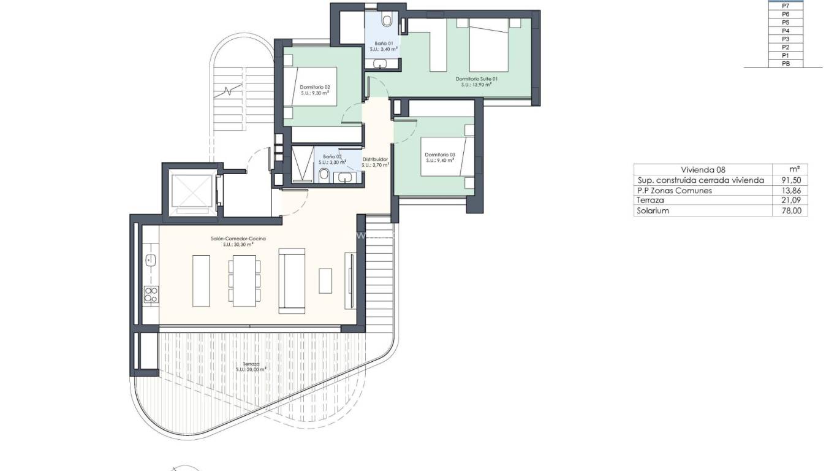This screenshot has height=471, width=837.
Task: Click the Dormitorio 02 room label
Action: [x=315, y=87]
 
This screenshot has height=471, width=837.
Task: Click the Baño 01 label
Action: [x=384, y=44]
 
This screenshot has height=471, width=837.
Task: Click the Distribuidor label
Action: [x=374, y=159]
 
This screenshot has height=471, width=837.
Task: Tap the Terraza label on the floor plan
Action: [x=251, y=364]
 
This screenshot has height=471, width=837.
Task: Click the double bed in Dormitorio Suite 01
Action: [x=489, y=45]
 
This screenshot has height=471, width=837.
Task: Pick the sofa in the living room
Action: [x=292, y=280]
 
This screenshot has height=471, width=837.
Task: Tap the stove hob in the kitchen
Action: [x=150, y=294]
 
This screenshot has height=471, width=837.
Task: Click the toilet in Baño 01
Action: [x=387, y=20]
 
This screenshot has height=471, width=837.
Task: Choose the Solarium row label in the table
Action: [x=653, y=210]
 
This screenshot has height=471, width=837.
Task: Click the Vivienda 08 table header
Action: [x=703, y=170]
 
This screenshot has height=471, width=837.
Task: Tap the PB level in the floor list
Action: [x=786, y=64]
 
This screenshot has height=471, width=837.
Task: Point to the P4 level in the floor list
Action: [x=786, y=31]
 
